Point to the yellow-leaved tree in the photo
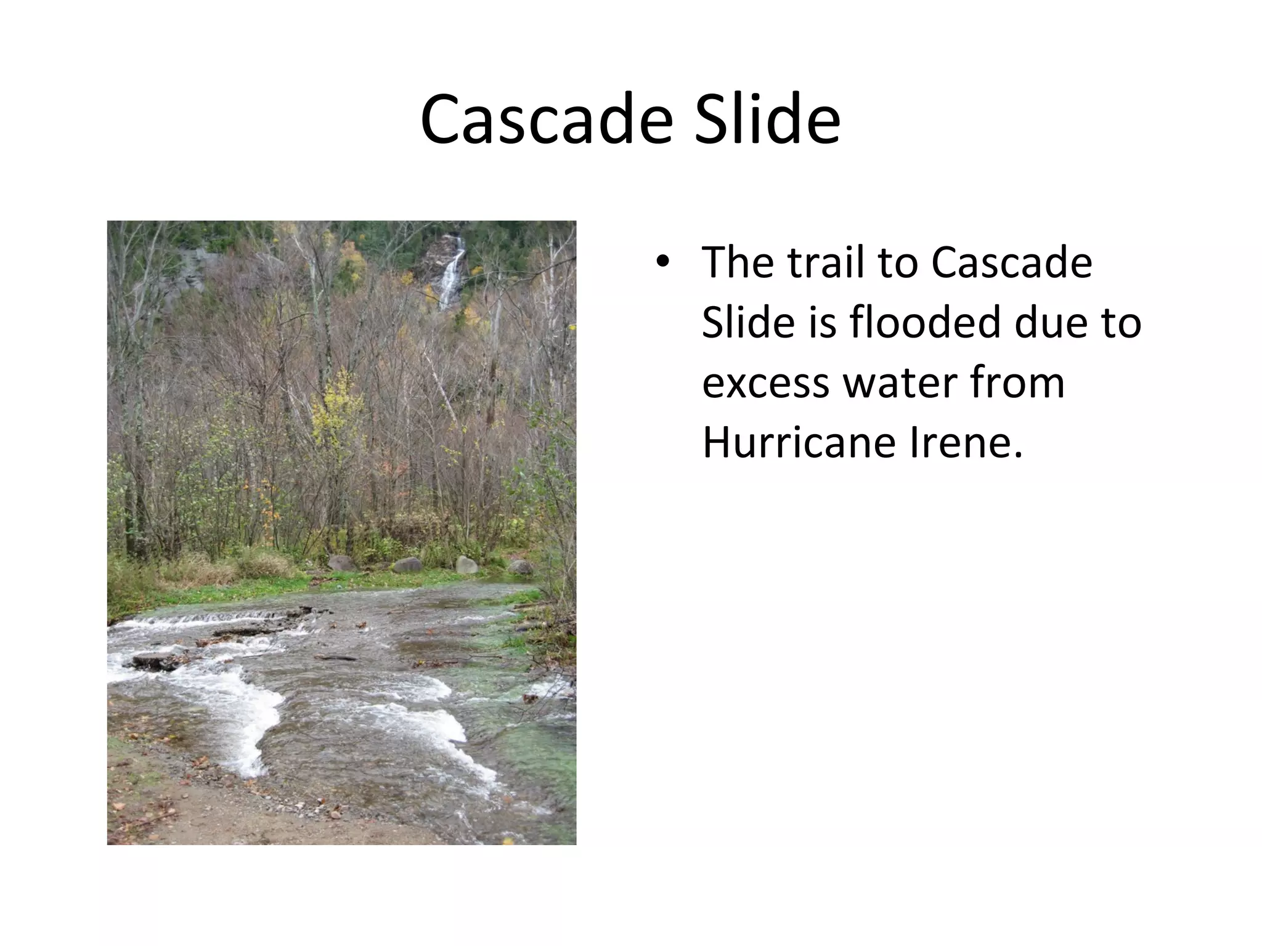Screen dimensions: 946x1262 (336, 406)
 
